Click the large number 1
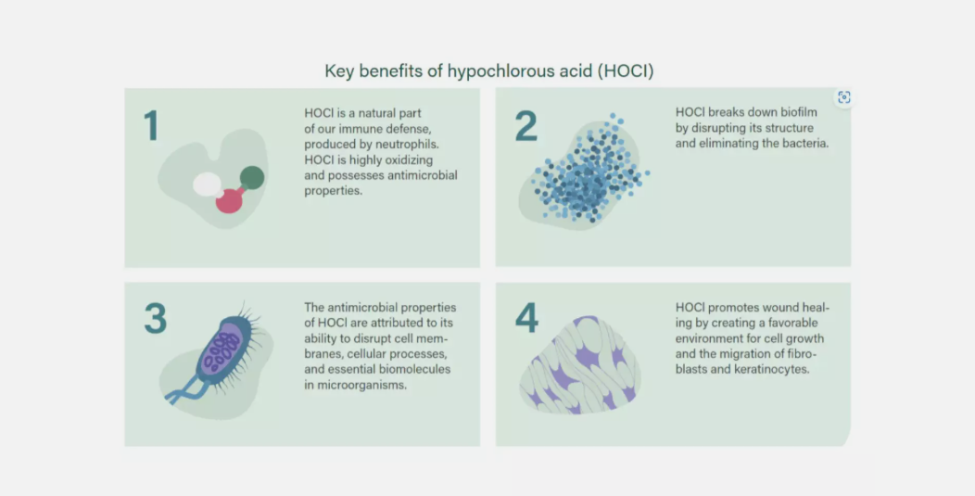(152, 125)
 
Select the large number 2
(526, 126)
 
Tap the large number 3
(156, 319)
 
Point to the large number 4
(526, 319)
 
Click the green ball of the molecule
(252, 177)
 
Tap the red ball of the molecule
(228, 200)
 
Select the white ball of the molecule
(207, 184)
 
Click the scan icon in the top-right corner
(843, 97)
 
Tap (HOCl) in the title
(626, 71)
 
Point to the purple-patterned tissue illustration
(579, 365)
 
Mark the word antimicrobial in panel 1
(423, 175)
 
